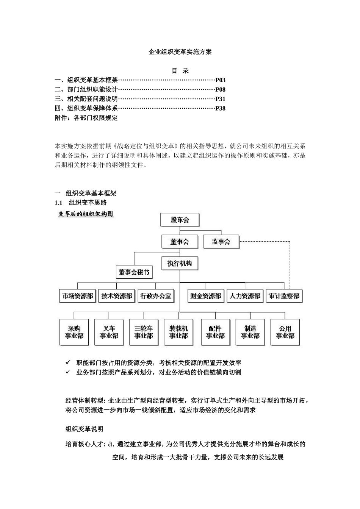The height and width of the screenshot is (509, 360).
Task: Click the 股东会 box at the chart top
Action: [x=180, y=220]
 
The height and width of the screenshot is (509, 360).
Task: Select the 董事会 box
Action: [x=180, y=241]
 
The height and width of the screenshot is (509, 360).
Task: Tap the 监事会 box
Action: [x=221, y=241]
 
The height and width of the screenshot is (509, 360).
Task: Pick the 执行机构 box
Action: [x=180, y=263]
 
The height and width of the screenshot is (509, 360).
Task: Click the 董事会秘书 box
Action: [x=134, y=272]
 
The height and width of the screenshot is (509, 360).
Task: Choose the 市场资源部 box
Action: [x=78, y=296]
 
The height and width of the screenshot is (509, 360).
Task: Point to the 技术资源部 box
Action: [x=117, y=296]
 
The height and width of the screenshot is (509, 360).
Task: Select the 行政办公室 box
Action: [x=156, y=296]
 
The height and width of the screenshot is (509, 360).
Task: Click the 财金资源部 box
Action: [x=206, y=296]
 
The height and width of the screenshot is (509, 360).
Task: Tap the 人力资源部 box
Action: [x=245, y=296]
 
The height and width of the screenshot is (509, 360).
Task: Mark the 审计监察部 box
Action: [x=284, y=296]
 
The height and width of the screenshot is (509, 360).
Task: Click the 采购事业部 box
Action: [x=74, y=332]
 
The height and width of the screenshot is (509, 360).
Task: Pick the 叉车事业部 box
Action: [x=109, y=332]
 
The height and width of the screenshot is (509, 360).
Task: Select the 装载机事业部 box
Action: [x=178, y=332]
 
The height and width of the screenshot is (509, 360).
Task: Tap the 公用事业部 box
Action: [x=285, y=332]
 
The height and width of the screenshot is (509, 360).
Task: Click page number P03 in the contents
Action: [x=221, y=80]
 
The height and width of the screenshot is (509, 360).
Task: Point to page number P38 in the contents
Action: [x=221, y=108]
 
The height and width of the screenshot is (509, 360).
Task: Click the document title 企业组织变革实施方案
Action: [x=180, y=52]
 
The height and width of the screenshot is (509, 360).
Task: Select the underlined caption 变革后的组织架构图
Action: [x=86, y=214]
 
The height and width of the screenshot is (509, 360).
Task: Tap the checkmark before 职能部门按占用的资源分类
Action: [x=68, y=362]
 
